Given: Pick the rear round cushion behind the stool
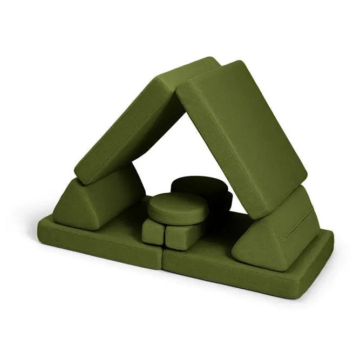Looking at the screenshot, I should pyautogui.click(x=200, y=186).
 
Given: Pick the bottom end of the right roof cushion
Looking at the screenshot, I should pyautogui.click(x=275, y=200).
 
